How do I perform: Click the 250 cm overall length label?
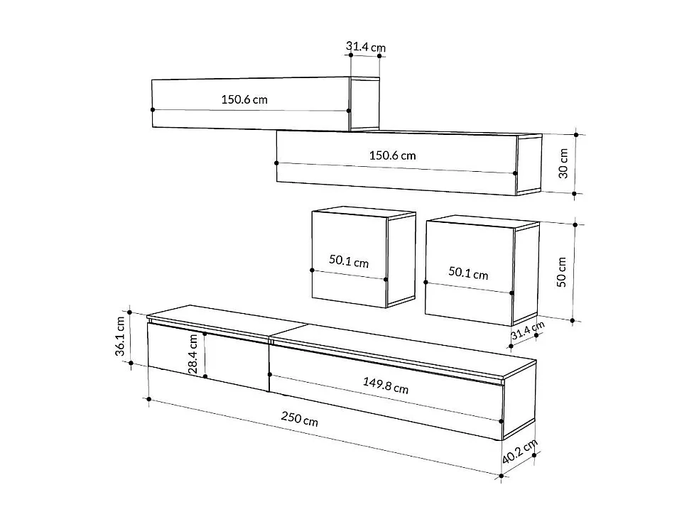click(299, 420)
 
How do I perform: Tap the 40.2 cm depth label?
click(520, 451)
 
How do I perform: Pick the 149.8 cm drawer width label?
click(386, 386)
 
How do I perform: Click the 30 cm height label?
click(563, 163)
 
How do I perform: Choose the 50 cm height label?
click(561, 271)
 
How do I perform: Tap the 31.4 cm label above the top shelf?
click(365, 48)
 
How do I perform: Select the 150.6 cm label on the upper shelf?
click(244, 99)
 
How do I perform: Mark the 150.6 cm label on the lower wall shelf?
click(392, 155)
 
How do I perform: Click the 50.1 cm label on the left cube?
click(349, 261)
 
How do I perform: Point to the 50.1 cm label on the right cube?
click(468, 273)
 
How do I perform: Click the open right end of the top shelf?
click(365, 104)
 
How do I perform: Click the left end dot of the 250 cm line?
click(148, 399)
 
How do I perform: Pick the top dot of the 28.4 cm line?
click(205, 333)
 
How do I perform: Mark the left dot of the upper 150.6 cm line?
click(153, 109)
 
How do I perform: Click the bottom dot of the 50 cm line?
click(574, 320)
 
